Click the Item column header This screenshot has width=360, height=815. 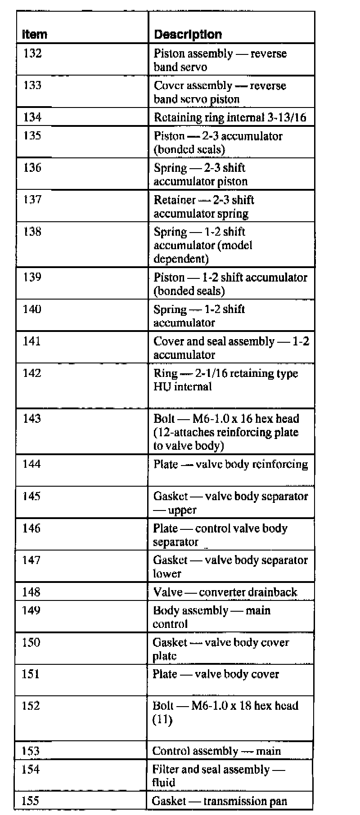click(35, 35)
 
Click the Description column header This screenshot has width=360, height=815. click(188, 35)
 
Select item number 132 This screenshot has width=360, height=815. click(32, 54)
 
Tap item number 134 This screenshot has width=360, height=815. click(32, 117)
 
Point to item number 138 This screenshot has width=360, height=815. click(32, 232)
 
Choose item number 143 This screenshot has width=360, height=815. click(32, 418)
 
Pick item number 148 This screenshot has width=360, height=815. click(31, 592)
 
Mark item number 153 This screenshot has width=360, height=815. click(31, 751)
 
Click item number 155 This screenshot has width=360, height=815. click(30, 801)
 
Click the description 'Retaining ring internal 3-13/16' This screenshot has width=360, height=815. click(229, 117)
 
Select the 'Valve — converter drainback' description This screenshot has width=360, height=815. click(225, 592)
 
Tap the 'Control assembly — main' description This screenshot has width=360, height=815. click(216, 751)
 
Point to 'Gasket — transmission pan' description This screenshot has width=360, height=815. click(219, 801)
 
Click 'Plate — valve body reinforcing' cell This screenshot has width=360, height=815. click(230, 464)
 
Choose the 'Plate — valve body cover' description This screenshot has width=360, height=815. click(216, 674)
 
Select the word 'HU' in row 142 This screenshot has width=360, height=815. click(161, 387)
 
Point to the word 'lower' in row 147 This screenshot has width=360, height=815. click(167, 573)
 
